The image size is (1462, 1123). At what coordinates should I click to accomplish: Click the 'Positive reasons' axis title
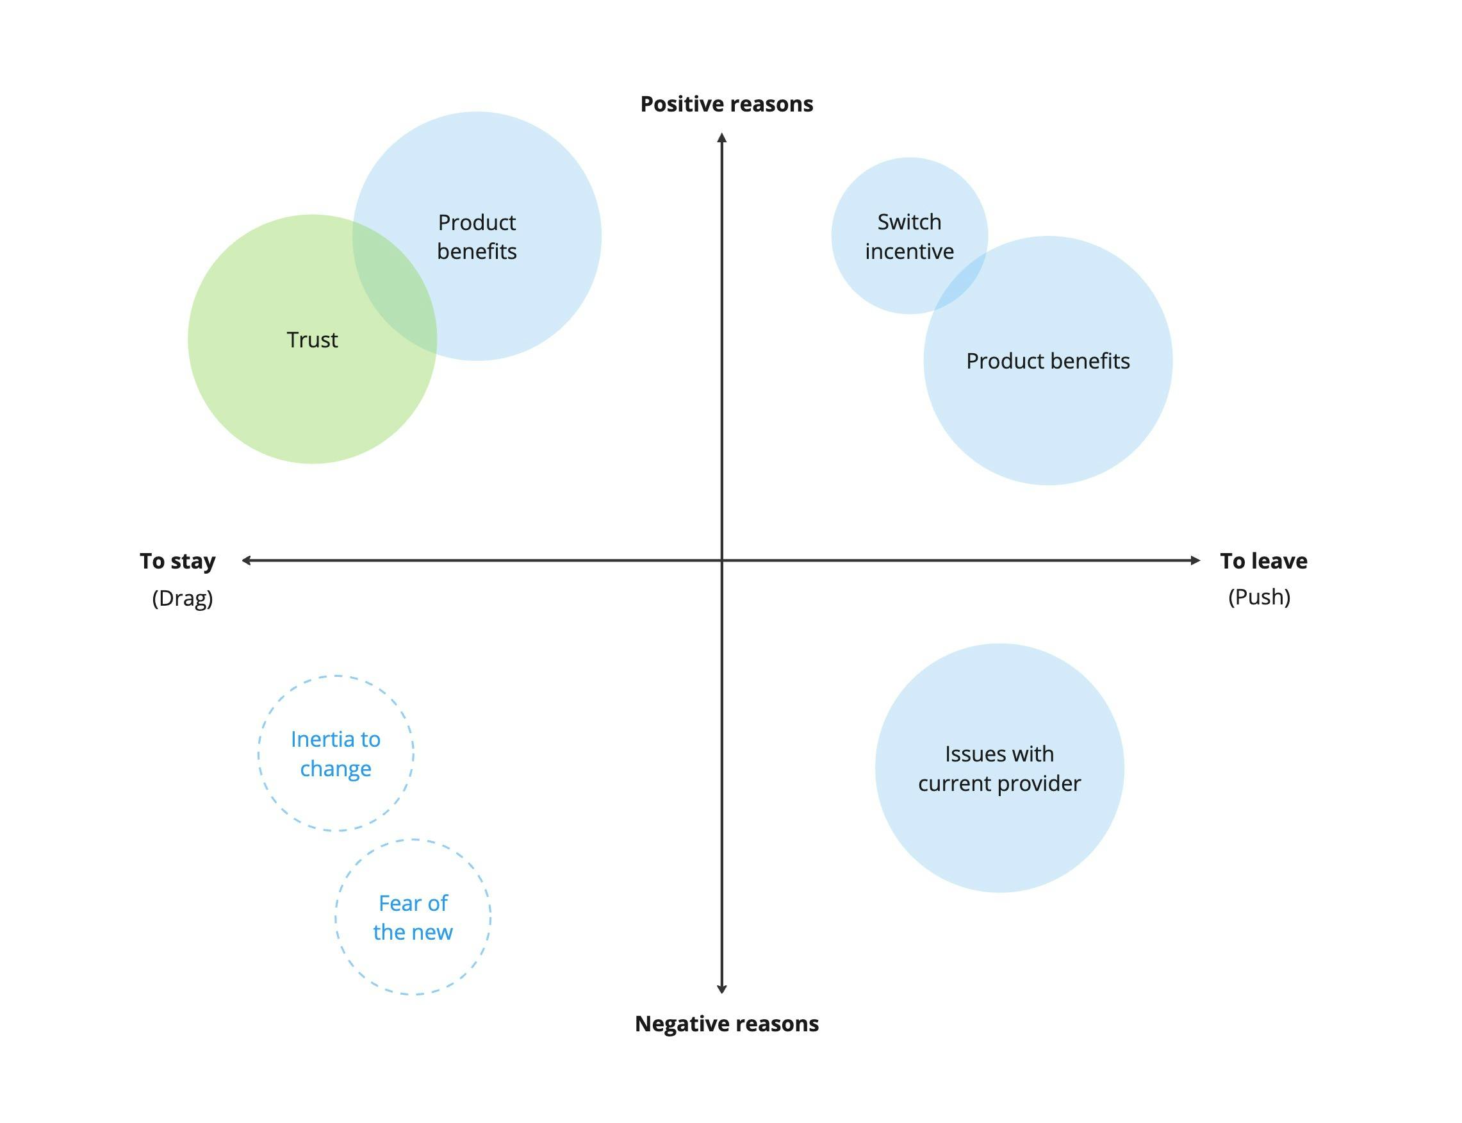(x=727, y=104)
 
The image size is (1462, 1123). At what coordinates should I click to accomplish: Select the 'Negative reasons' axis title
(x=727, y=1024)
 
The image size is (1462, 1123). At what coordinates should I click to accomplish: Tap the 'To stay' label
(x=177, y=561)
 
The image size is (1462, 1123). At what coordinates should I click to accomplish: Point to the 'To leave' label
(x=1263, y=561)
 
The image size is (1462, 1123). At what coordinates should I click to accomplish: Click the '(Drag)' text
(x=183, y=597)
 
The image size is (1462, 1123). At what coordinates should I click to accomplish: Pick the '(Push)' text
(x=1259, y=596)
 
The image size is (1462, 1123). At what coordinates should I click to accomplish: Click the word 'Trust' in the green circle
(x=312, y=340)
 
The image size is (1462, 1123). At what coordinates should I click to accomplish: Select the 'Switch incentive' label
(x=908, y=237)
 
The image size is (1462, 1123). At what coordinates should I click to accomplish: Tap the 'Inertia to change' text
(x=336, y=753)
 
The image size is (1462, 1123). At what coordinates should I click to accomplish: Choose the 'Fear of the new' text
(x=413, y=917)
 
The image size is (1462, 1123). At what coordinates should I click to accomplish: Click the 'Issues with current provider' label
(x=999, y=768)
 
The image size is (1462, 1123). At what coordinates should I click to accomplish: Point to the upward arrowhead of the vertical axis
(x=721, y=137)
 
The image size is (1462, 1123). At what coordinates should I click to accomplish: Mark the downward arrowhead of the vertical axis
(x=721, y=988)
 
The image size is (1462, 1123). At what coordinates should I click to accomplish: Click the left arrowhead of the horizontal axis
(x=246, y=560)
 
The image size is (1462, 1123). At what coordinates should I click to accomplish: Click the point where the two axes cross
(x=721, y=560)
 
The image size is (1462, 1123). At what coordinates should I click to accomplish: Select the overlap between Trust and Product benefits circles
(x=394, y=287)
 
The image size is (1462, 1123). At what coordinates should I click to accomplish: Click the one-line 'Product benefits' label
(x=1047, y=361)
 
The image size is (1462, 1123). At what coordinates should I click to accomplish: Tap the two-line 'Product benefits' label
(x=477, y=237)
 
